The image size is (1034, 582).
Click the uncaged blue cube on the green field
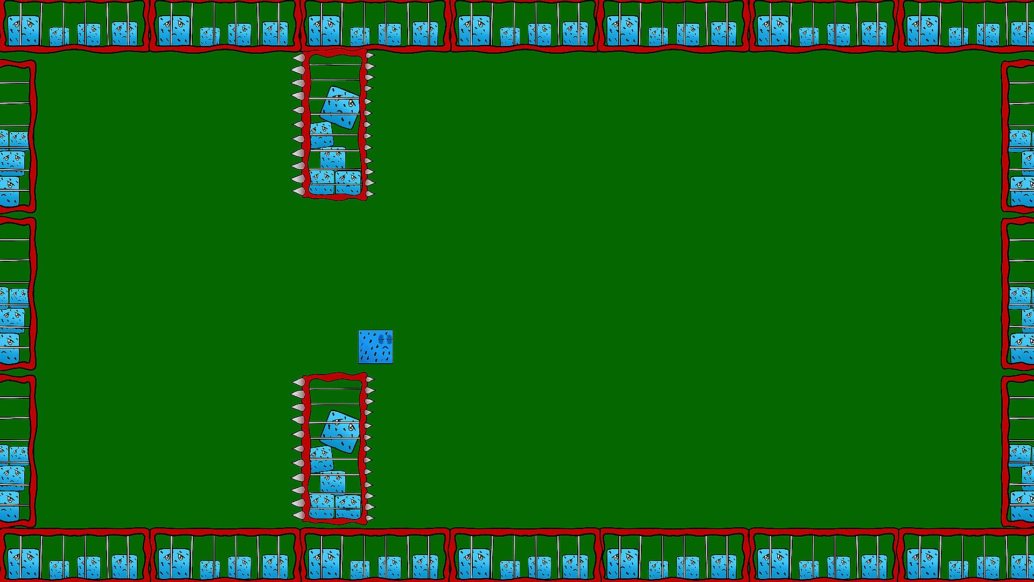[x=375, y=347]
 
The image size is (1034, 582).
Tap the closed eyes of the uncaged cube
[x=385, y=338]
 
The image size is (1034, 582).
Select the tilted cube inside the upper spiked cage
[x=340, y=107]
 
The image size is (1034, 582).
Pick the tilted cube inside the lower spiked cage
[x=340, y=432]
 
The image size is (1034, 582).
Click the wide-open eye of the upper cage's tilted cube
[x=351, y=102]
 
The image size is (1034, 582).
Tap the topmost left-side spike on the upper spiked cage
[x=298, y=58]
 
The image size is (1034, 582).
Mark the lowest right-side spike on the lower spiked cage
[x=370, y=518]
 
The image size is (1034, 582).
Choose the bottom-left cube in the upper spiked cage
[x=322, y=182]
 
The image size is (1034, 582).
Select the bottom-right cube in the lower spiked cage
[x=348, y=507]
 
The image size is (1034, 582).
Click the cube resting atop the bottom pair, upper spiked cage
[x=333, y=158]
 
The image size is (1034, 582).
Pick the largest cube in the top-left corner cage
[x=23, y=30]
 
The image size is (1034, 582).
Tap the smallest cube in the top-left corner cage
[x=59, y=36]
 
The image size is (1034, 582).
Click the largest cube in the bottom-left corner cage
[x=23, y=563]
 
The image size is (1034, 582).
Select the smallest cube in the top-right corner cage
[x=958, y=36]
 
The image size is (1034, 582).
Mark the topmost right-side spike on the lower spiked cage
[x=370, y=379]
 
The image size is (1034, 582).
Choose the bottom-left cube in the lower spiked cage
[x=322, y=507]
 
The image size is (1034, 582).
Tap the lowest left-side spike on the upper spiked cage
[x=298, y=191]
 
